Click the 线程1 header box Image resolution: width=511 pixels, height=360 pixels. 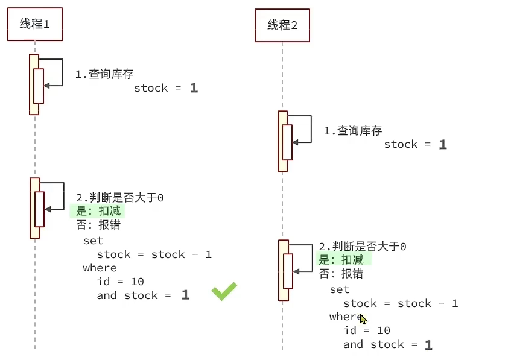[35, 25]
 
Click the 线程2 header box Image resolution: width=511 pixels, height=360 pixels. [282, 25]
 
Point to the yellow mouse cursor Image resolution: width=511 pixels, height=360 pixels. [363, 319]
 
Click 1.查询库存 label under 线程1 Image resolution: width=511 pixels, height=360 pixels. [104, 74]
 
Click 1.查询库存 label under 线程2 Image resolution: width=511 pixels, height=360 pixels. [353, 131]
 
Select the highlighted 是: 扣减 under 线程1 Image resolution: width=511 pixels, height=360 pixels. [98, 211]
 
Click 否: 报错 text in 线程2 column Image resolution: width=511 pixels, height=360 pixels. [341, 274]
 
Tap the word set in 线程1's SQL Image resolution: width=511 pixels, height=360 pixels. [93, 241]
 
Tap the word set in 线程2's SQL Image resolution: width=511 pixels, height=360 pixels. [340, 289]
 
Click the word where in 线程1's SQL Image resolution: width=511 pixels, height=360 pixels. [100, 268]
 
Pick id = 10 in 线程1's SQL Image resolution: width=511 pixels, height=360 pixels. [120, 282]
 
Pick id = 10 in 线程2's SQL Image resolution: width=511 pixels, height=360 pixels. [367, 330]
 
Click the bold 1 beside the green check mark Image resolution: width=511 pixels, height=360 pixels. [185, 295]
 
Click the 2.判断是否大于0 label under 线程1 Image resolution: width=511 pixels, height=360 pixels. [120, 198]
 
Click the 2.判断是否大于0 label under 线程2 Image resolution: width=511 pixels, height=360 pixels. [363, 247]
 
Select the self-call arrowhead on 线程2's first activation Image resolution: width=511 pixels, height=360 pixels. [296, 142]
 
